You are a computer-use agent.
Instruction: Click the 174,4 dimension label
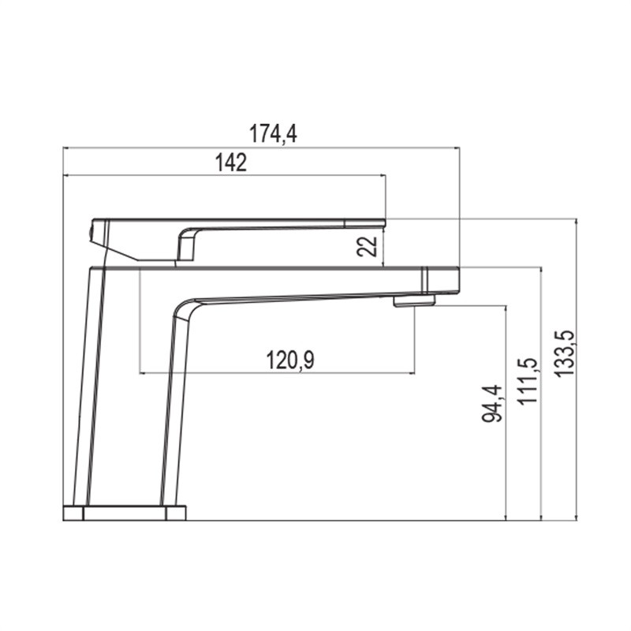[x=273, y=133]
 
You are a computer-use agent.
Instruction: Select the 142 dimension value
[x=230, y=162]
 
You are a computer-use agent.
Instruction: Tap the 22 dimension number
[x=367, y=246]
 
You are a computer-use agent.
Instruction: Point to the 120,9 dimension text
[x=289, y=360]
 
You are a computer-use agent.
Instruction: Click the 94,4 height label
[x=492, y=403]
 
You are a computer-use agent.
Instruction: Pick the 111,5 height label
[x=527, y=381]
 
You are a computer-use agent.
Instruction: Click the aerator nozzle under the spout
[x=415, y=301]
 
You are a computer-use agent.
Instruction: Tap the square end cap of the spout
[x=441, y=280]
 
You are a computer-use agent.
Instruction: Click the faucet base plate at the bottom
[x=125, y=513]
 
